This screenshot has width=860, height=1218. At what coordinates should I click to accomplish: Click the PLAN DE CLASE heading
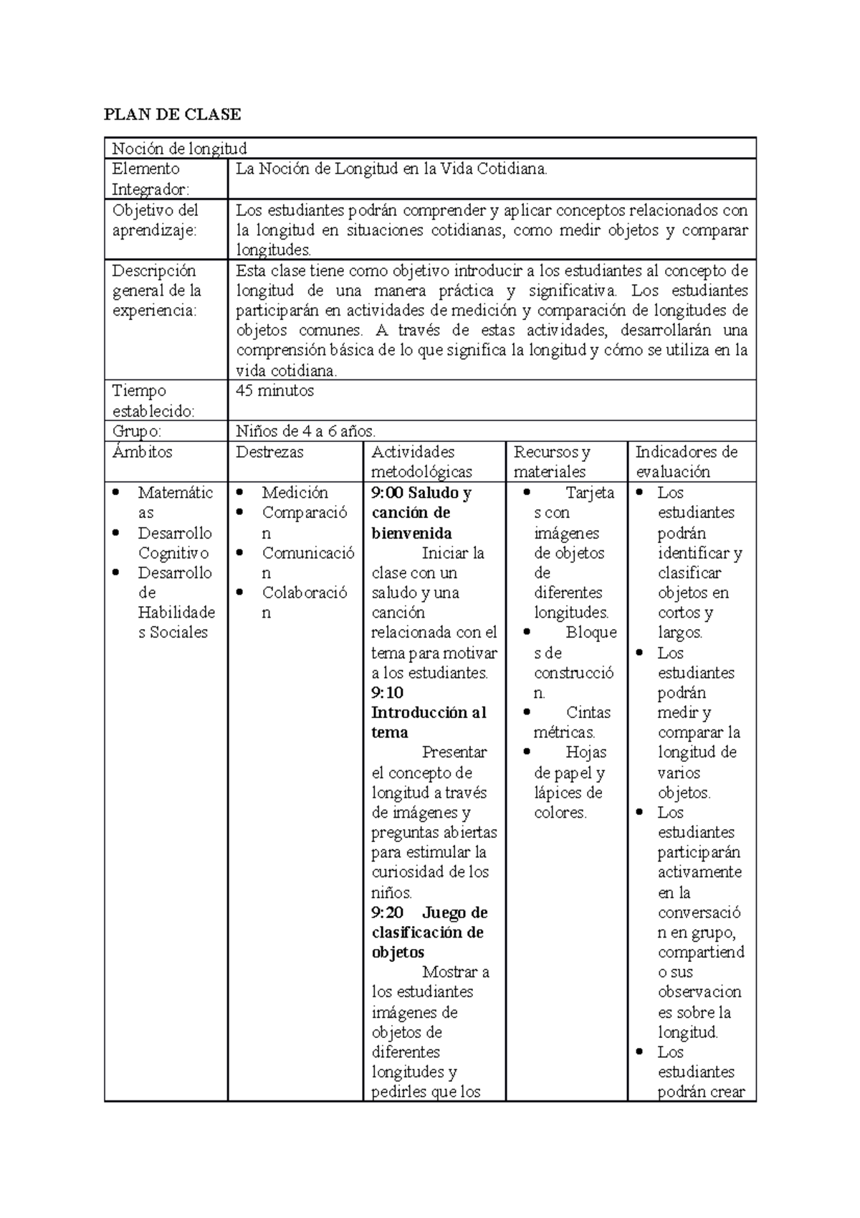172,114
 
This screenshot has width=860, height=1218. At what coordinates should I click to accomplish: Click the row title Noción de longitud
179,148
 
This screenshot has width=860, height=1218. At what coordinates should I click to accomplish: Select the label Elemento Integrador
150,179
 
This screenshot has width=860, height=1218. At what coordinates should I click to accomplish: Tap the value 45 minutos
275,391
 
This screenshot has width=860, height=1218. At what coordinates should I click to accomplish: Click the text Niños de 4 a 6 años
305,431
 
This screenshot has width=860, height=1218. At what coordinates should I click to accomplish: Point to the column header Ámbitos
142,452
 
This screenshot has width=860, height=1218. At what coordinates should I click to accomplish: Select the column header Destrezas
269,452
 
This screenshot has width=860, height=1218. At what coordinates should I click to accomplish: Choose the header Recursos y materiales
551,462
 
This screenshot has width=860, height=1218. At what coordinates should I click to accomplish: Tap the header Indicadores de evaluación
686,462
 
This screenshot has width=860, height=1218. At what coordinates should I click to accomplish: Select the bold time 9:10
387,693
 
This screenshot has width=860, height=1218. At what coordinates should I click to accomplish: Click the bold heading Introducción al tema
428,722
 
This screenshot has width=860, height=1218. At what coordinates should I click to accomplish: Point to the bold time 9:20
387,912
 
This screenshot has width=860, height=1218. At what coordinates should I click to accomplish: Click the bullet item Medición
295,493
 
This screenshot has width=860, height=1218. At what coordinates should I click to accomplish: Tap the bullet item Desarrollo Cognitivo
174,543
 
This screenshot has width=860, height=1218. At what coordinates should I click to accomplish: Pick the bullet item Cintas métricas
572,722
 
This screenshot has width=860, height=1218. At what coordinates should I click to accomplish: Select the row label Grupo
136,431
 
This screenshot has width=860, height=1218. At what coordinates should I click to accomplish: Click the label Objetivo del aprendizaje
155,219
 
